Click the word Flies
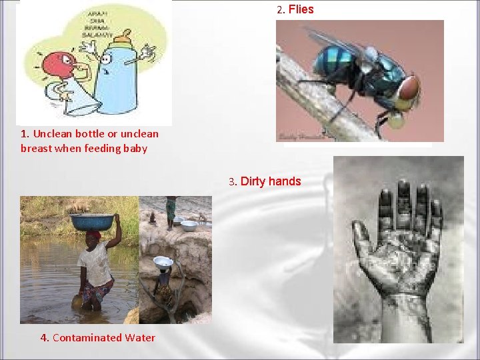pyautogui.click(x=301, y=9)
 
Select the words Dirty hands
pyautogui.click(x=271, y=181)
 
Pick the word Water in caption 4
pyautogui.click(x=139, y=338)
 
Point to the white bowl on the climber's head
pyautogui.click(x=163, y=261)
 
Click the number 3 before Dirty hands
pyautogui.click(x=232, y=182)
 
